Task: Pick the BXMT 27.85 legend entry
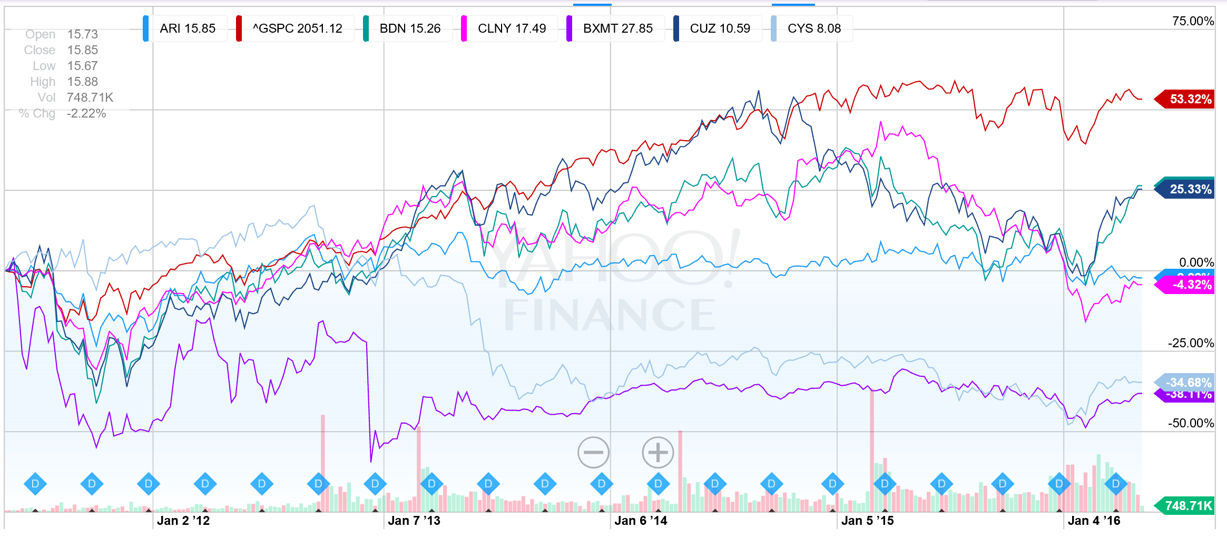[x=617, y=28]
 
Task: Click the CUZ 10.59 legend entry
[x=719, y=28]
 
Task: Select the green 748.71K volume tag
[x=1187, y=506]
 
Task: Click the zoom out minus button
[x=593, y=452]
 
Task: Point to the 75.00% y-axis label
[x=1192, y=21]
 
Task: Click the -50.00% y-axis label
[x=1190, y=423]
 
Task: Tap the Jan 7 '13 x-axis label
[x=414, y=521]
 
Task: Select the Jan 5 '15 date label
[x=867, y=521]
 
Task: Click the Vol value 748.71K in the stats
[x=90, y=97]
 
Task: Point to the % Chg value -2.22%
[x=86, y=113]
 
